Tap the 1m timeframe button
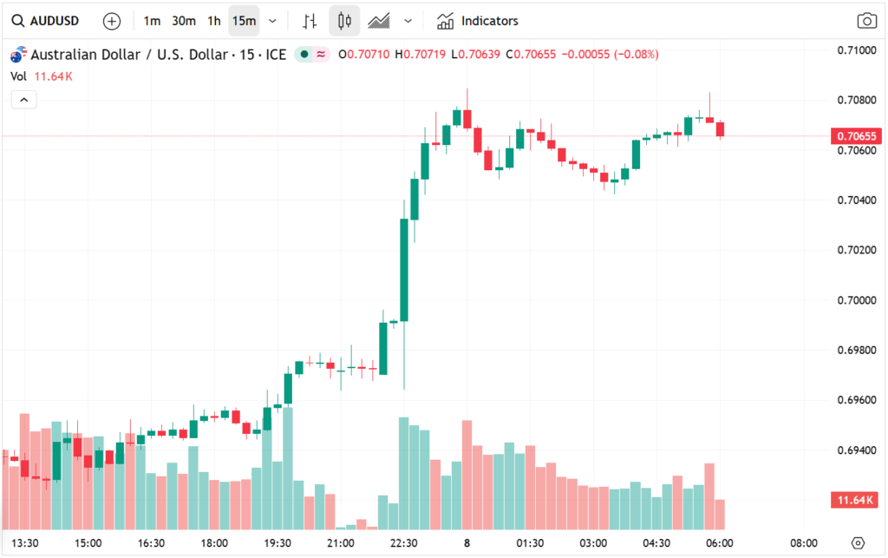152,21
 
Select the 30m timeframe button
183,21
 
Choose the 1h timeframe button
213,21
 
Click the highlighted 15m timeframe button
244,21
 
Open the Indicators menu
478,21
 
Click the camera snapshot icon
865,21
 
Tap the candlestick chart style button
344,21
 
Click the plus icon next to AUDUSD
112,21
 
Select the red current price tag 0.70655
855,136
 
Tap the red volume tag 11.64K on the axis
855,500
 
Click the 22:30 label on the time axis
403,543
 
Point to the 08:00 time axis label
804,543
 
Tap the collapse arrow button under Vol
23,100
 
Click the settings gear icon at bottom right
858,543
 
